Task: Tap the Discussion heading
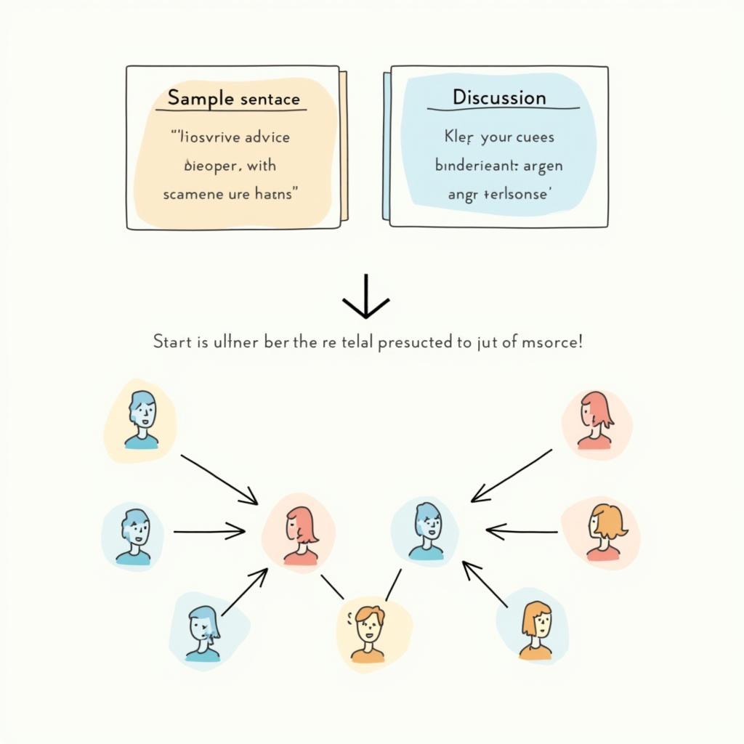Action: tap(498, 97)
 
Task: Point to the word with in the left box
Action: tap(261, 166)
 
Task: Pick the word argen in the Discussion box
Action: tap(538, 166)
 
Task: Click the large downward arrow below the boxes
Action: tap(366, 297)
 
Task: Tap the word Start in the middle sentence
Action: tap(172, 341)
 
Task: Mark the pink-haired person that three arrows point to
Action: tap(301, 535)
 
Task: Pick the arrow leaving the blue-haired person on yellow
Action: tap(219, 480)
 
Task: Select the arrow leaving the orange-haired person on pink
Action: tap(521, 532)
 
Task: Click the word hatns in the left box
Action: tap(277, 195)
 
